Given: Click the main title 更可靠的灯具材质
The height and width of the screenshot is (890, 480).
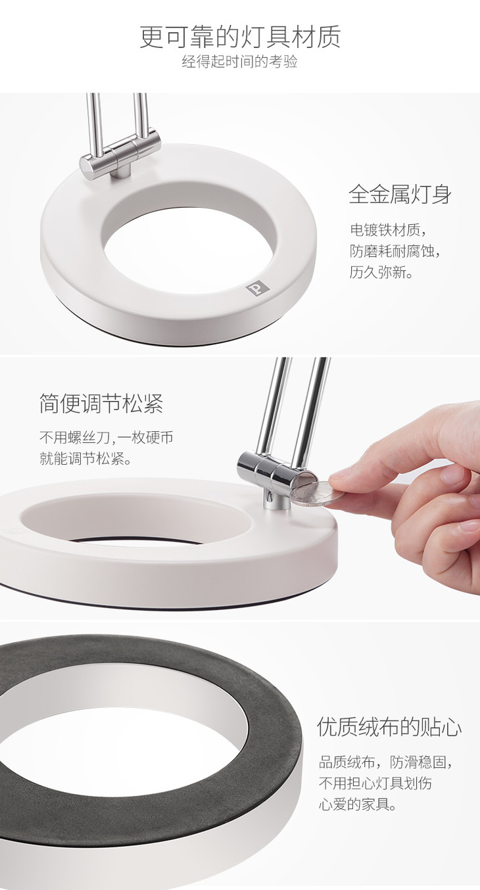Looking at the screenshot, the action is pyautogui.click(x=240, y=37).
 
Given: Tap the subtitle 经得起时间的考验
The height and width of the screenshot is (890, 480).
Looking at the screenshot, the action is pyautogui.click(x=239, y=62).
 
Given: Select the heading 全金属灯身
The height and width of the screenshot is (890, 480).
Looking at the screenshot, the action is pyautogui.click(x=400, y=195).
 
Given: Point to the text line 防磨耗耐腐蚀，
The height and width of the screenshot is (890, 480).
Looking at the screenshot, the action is pyautogui.click(x=396, y=251).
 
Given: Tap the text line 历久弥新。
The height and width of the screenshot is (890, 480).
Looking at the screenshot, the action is pyautogui.click(x=381, y=272).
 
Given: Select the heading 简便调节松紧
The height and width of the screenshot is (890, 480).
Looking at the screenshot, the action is pyautogui.click(x=101, y=404).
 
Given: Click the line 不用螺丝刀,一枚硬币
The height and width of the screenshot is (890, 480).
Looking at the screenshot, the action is pyautogui.click(x=107, y=438).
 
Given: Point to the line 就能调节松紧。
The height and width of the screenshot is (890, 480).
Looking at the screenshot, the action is pyautogui.click(x=85, y=459).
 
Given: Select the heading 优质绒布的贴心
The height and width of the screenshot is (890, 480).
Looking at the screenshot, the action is pyautogui.click(x=389, y=727).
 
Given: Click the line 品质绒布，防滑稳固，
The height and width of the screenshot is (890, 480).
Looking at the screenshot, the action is pyautogui.click(x=386, y=762).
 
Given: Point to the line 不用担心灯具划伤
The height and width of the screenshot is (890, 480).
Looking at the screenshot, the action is pyautogui.click(x=375, y=783).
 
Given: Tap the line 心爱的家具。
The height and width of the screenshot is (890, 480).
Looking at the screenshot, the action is pyautogui.click(x=358, y=805).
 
